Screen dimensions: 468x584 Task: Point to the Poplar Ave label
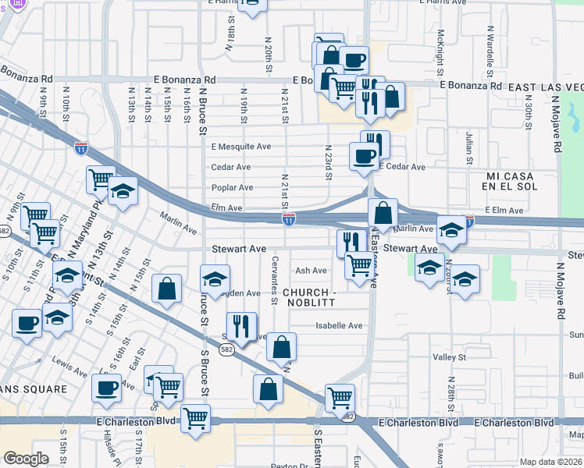[x=232, y=188]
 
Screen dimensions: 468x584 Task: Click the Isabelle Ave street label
[x=339, y=325]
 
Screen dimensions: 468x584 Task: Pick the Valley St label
[x=449, y=357]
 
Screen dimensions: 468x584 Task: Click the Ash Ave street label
[x=311, y=271]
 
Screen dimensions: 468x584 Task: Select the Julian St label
[x=469, y=148]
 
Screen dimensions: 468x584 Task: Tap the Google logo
[x=26, y=459]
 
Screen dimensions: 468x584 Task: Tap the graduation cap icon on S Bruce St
[x=215, y=277]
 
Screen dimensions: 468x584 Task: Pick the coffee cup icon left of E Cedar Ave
[x=363, y=155]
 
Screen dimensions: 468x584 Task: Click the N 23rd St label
[x=329, y=163]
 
